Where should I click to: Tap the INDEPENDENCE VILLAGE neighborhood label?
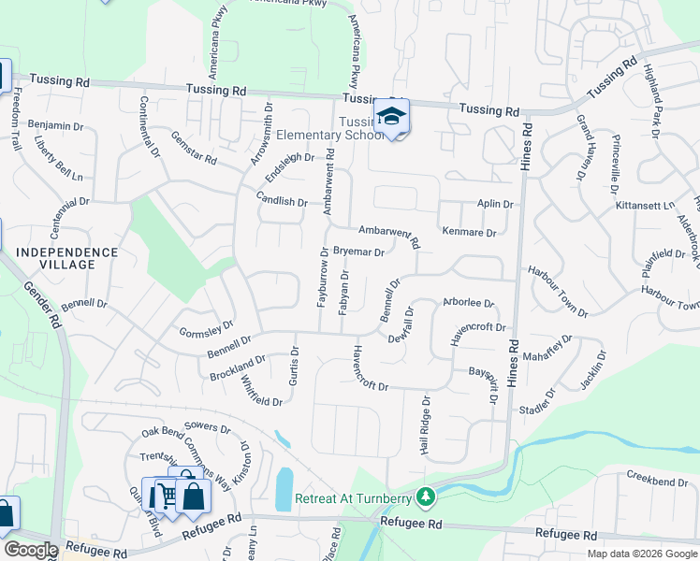tap(67, 258)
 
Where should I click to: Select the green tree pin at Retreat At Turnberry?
tap(426, 496)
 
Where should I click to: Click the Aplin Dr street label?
tap(495, 204)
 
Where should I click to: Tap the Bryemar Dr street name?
tap(358, 252)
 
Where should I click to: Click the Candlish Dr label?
tap(282, 199)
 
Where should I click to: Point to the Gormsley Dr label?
tap(206, 328)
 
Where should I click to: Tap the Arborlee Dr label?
tap(468, 303)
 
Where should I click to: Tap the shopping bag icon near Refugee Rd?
tap(192, 496)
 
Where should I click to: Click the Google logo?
tap(30, 550)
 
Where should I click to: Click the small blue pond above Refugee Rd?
tap(284, 488)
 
